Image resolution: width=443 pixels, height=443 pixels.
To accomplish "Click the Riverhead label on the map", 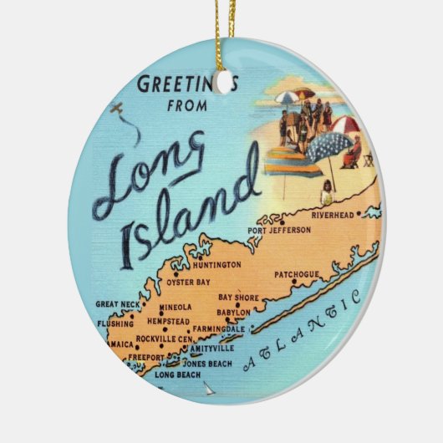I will click(x=334, y=215).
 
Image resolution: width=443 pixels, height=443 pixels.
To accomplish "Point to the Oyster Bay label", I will click(x=191, y=282).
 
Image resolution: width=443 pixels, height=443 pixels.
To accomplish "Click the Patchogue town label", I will click(x=296, y=273).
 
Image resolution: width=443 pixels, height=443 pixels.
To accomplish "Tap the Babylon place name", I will click(x=234, y=313).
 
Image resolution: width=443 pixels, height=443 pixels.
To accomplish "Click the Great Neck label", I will click(x=116, y=304).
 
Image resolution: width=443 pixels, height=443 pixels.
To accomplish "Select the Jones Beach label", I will click(x=207, y=364).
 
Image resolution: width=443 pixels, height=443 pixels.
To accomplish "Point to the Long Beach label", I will click(x=177, y=374).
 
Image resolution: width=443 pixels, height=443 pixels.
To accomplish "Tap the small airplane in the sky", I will click(x=118, y=109).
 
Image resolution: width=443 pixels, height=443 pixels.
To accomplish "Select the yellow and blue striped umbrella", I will click(x=291, y=159).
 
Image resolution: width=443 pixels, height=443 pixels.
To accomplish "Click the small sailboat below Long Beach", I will click(x=209, y=389).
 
